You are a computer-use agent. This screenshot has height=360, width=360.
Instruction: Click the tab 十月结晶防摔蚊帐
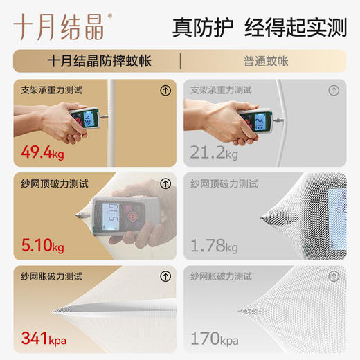click(x=100, y=61)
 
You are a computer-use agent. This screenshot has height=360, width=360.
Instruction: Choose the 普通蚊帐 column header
click(x=266, y=61)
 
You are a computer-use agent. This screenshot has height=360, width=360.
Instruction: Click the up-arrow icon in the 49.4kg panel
click(x=165, y=90)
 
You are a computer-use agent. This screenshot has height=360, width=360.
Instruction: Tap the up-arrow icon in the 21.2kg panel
click(x=336, y=90)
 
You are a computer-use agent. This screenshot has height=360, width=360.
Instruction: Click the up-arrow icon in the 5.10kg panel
click(x=165, y=183)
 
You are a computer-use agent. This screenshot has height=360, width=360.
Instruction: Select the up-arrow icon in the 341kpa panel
click(x=165, y=276)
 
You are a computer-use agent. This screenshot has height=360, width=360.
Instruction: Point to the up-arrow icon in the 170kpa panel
click(x=336, y=276)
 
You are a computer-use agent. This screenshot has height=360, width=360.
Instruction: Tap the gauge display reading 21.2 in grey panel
click(x=257, y=123)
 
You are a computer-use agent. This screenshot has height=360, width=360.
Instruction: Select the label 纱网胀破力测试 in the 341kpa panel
click(x=52, y=276)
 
